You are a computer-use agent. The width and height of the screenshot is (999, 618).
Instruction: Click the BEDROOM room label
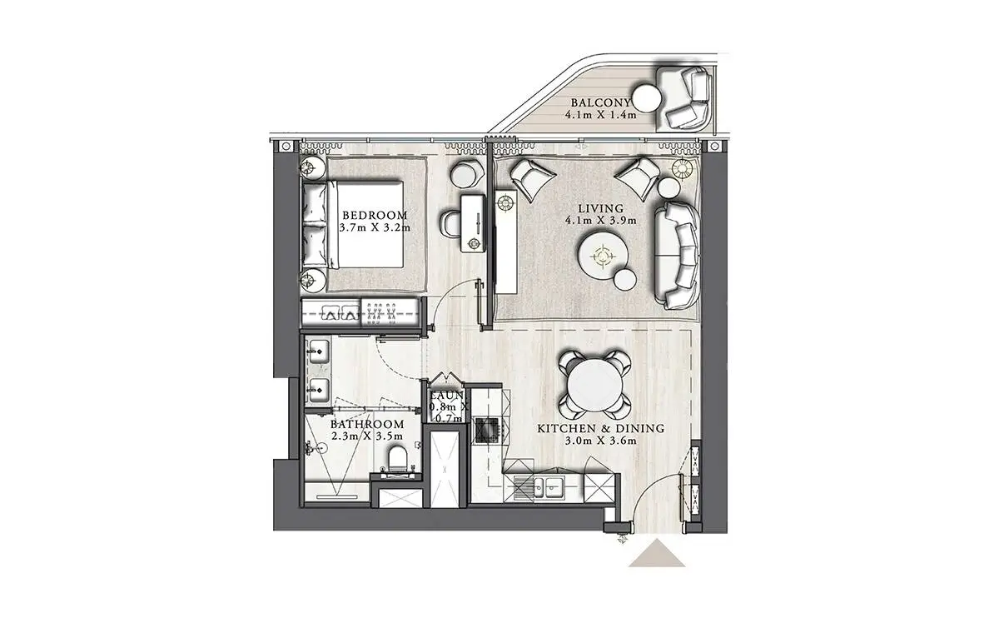click(375, 215)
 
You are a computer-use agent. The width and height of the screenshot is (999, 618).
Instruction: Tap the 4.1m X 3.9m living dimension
click(601, 221)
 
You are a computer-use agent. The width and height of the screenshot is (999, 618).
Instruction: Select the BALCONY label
click(600, 102)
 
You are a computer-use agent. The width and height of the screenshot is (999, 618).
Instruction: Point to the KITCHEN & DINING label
click(601, 429)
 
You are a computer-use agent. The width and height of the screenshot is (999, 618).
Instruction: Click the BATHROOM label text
click(367, 424)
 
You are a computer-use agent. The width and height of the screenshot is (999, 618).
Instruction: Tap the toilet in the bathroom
click(398, 459)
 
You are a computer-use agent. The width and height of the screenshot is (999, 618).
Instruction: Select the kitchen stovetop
click(487, 430)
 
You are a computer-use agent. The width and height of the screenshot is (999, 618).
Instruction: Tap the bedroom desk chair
click(450, 224)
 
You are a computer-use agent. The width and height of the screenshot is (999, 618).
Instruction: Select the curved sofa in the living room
click(677, 255)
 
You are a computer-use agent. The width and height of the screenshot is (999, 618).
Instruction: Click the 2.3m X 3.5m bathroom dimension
click(367, 436)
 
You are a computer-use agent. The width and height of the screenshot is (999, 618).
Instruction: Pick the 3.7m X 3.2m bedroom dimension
click(375, 227)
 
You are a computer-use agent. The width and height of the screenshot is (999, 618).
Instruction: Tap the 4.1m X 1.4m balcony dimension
click(601, 115)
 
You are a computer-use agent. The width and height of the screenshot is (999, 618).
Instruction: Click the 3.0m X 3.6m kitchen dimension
click(601, 441)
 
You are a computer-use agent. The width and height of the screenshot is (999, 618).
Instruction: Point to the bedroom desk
click(473, 223)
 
